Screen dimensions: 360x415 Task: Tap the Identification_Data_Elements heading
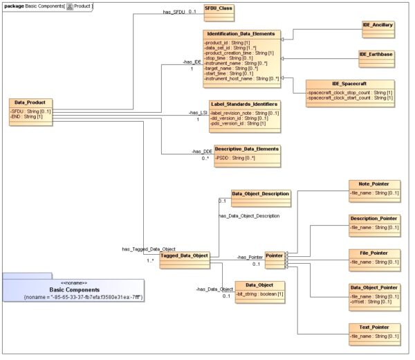click(241, 33)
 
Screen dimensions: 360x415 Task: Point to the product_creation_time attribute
click(239, 53)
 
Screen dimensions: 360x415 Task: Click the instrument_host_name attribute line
click(241, 79)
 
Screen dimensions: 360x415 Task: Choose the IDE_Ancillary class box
click(378, 28)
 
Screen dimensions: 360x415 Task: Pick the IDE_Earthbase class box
click(376, 57)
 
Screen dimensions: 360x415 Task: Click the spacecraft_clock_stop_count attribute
click(351, 93)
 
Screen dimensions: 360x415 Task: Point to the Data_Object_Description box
click(260, 194)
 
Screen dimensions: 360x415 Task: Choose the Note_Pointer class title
click(374, 183)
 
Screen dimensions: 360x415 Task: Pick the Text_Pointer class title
click(374, 327)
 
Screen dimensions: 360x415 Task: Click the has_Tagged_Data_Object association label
click(148, 249)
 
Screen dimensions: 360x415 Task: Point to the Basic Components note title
click(74, 289)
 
